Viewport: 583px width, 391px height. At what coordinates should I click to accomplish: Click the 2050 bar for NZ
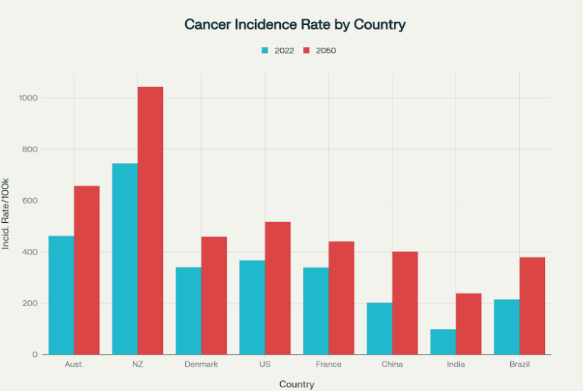click(150, 221)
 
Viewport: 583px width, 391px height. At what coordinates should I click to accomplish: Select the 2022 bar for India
click(443, 342)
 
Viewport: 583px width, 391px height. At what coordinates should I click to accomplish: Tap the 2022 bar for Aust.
click(61, 295)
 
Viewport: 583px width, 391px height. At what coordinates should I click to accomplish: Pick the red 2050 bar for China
click(405, 303)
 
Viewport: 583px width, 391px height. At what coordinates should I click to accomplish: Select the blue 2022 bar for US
click(252, 307)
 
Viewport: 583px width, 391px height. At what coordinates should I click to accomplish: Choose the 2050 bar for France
click(342, 298)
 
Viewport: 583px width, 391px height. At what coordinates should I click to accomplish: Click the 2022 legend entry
click(278, 51)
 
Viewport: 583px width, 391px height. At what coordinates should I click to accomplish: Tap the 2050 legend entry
click(320, 51)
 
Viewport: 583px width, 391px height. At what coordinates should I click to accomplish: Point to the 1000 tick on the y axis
click(30, 98)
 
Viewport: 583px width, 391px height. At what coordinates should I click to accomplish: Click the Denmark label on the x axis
click(201, 364)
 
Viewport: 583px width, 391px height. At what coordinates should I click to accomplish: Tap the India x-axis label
click(455, 364)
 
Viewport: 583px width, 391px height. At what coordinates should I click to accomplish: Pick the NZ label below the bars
click(137, 364)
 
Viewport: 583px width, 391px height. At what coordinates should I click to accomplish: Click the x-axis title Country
click(297, 384)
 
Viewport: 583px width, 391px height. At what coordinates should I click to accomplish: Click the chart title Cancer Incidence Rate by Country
click(295, 24)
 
